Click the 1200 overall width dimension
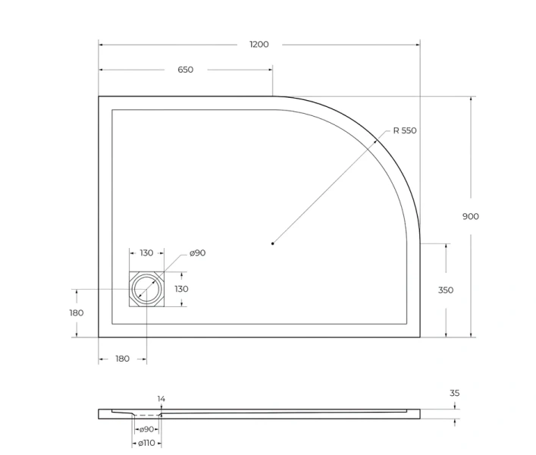pos(259,44)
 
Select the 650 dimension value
pos(185,70)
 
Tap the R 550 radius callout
pos(404,130)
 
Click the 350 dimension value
pos(445,290)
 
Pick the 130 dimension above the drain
pos(146,253)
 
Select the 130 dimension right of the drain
pos(182,289)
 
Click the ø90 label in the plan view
pos(197,253)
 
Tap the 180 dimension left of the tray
pos(76,312)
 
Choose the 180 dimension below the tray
pos(122,359)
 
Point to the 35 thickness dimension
pos(454,393)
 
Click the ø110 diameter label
pos(146,442)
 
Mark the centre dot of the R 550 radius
pos(272,243)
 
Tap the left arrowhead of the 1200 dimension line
pos(101,44)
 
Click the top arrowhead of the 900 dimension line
pos(472,99)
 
